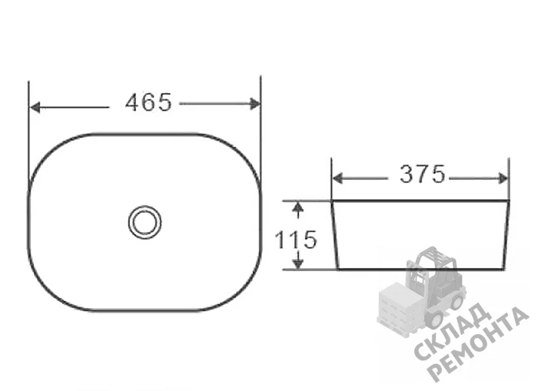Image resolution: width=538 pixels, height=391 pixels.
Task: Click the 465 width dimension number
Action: (148, 102)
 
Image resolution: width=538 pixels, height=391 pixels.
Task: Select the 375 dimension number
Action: (423, 174)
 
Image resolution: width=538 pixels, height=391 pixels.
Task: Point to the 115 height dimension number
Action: (296, 240)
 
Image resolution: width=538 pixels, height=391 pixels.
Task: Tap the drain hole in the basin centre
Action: (144, 222)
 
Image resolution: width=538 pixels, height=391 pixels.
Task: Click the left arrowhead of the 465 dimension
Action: (35, 108)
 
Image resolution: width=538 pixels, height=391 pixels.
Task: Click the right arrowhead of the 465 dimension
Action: (254, 104)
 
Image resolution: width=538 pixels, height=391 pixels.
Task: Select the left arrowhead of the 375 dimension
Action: (337, 178)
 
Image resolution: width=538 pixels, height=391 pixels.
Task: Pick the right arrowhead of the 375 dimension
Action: (503, 178)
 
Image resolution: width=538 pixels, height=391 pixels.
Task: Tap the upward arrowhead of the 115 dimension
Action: (298, 207)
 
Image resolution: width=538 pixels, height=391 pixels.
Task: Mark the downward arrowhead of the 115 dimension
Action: (298, 263)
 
